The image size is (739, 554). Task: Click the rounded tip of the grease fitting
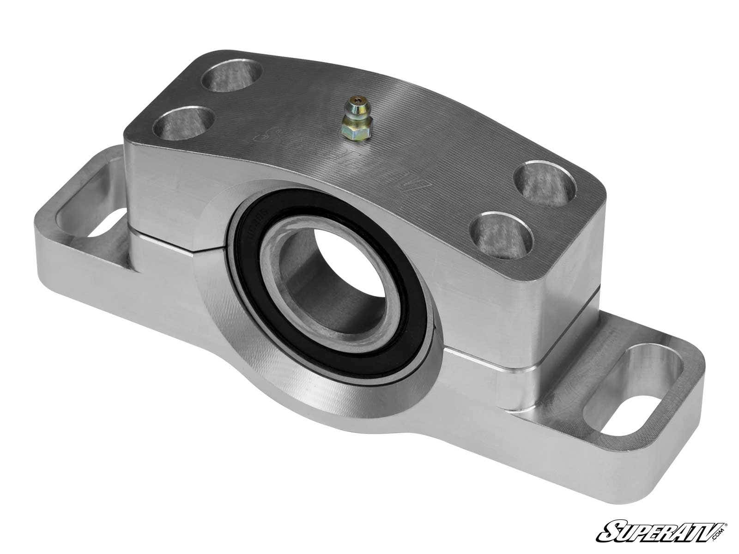coord(353,101)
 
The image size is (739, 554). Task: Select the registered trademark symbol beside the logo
coord(726,511)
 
